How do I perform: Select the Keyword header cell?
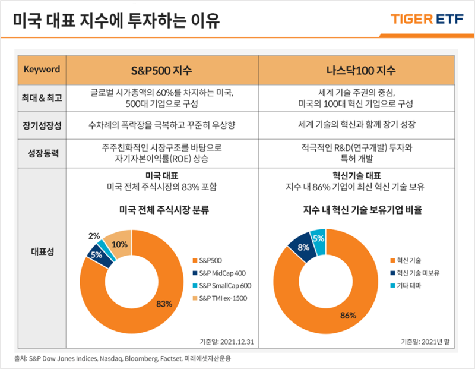tap(42, 70)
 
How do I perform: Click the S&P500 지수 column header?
tap(161, 70)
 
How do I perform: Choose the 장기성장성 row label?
tap(42, 125)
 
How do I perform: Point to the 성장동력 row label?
tap(42, 153)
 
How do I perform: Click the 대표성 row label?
tap(42, 251)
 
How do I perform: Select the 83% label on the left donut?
tap(164, 304)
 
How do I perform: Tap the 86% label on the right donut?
tap(348, 315)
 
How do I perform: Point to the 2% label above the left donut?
tap(94, 235)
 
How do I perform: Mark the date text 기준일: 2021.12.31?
tap(229, 342)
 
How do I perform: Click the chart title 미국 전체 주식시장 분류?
tap(161, 210)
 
